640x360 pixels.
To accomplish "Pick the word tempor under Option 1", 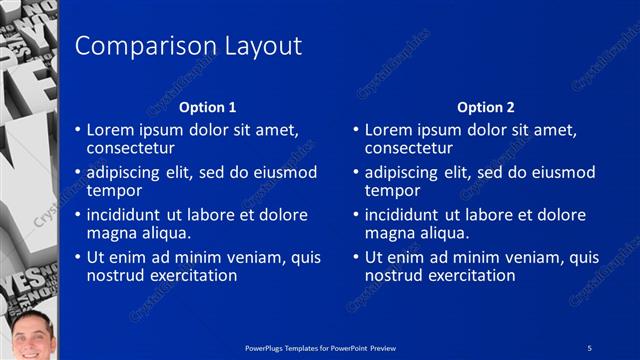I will [x=113, y=191].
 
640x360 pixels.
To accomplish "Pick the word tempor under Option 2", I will [x=391, y=191].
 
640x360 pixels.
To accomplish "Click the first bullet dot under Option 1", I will [x=78, y=130].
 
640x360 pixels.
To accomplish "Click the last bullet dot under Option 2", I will [x=356, y=257].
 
